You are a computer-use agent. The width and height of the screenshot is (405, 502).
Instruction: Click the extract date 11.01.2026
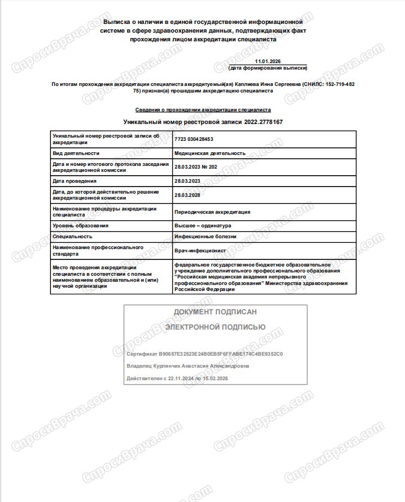(268, 63)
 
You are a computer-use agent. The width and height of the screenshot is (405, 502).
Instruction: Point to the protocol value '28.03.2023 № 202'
(196, 167)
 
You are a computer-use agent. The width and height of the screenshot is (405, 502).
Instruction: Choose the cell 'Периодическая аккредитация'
(212, 212)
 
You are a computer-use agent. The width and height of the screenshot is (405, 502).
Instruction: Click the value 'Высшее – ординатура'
(203, 226)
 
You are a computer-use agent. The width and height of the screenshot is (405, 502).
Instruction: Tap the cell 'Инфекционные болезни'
(205, 237)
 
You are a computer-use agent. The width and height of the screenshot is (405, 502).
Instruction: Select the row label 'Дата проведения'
(74, 181)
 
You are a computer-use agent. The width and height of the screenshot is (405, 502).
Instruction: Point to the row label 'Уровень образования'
(80, 226)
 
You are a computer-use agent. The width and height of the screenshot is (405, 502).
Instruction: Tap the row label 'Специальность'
(72, 237)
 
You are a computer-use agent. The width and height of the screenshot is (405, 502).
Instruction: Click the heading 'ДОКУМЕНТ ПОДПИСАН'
(215, 312)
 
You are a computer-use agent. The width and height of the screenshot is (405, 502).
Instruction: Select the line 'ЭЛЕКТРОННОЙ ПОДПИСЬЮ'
(215, 327)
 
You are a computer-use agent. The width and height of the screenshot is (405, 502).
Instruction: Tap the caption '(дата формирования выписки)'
(268, 69)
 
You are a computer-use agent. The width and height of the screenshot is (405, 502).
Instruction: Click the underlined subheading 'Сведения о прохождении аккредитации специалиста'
(203, 110)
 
